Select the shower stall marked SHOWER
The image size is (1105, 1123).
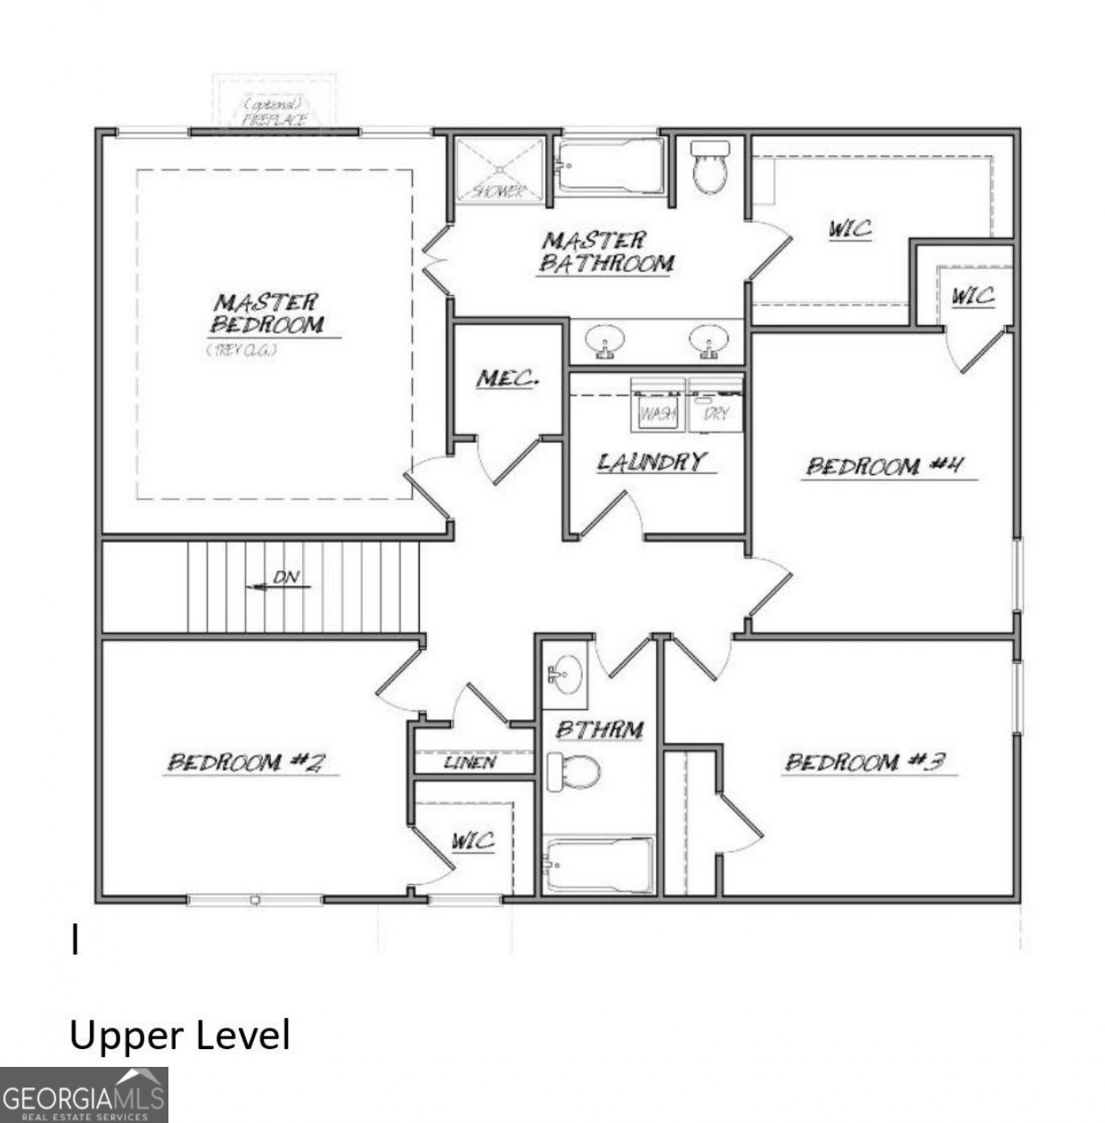point(499,169)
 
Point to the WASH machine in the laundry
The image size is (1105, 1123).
point(658,406)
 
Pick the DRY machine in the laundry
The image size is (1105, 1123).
point(716,406)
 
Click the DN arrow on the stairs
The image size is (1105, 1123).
point(277,584)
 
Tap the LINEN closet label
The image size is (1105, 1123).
point(471,763)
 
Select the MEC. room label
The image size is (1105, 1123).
point(507,378)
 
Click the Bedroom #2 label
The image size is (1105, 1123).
point(247,762)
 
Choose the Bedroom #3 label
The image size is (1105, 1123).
point(864,762)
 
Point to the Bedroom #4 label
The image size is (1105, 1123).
point(886,465)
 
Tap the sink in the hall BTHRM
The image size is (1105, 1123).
point(565,674)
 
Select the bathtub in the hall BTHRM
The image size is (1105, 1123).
point(599,865)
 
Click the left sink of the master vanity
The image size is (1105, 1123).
point(606,340)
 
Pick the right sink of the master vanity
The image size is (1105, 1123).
point(709,340)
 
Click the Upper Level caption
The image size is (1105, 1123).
point(180,1036)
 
